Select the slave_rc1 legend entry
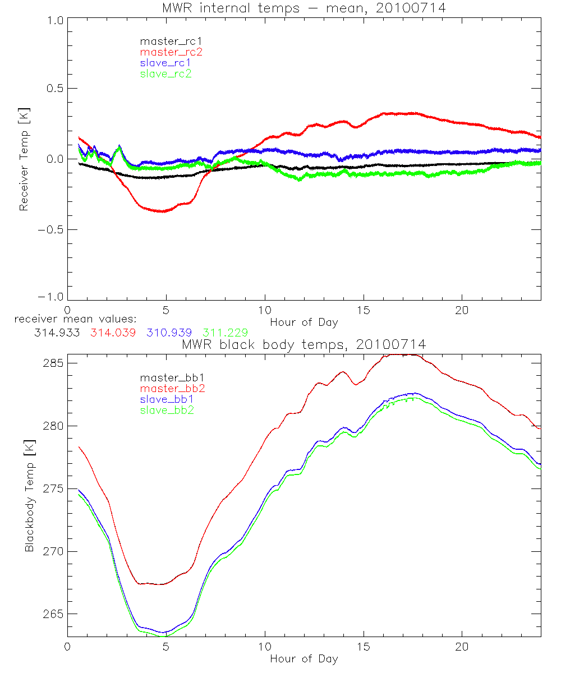[166, 63]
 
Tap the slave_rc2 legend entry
[166, 73]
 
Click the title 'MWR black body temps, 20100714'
[304, 345]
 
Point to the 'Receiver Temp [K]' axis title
[24, 159]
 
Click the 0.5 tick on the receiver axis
[53, 89]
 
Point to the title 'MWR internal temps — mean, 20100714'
[304, 8]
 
